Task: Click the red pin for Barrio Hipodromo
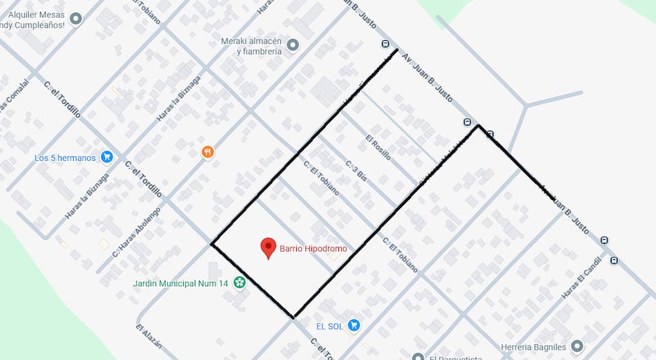pos(268,247)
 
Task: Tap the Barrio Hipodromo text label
pos(313,249)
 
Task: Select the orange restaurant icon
pos(208,152)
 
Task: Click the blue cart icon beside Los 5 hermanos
pos(106,157)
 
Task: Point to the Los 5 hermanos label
pos(65,158)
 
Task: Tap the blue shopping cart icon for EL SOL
pos(354,325)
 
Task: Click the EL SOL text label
pos(329,325)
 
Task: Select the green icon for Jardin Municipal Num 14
pos(239,282)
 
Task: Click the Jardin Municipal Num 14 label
pos(180,283)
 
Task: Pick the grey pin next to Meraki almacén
pos(293,46)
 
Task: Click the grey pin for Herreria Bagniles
pos(577,346)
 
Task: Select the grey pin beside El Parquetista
pos(417,357)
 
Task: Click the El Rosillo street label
pos(378,147)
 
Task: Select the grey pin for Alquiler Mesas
pos(76,19)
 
